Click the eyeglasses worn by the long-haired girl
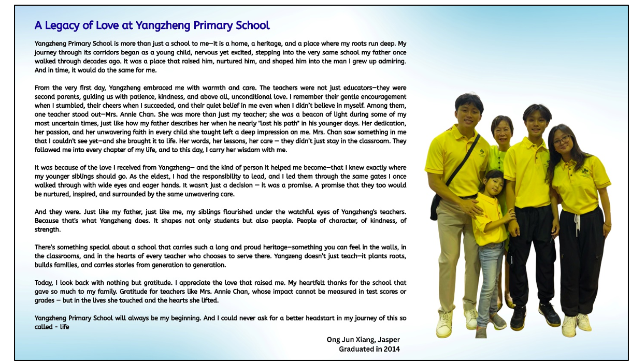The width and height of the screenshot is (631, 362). [x=562, y=140]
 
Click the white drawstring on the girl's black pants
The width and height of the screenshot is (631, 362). [x=577, y=224]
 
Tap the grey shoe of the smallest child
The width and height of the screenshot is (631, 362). [x=498, y=322]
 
